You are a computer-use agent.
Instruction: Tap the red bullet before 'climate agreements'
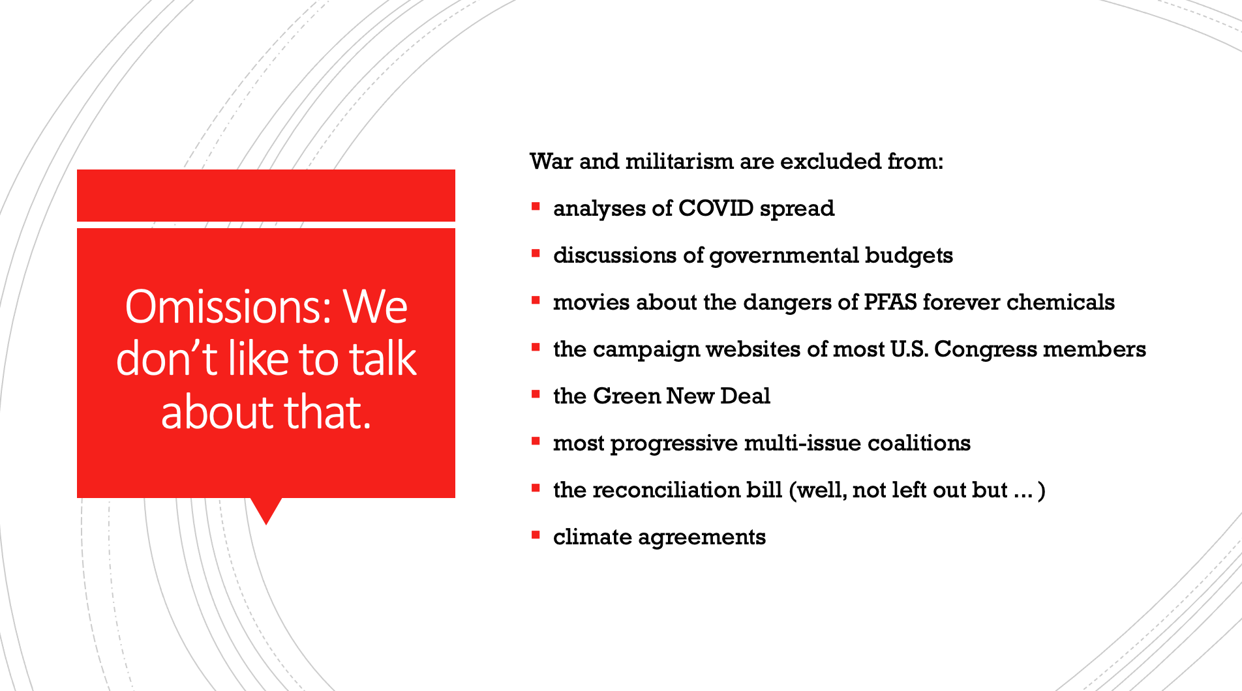point(536,535)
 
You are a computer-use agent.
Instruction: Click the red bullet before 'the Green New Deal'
point(536,394)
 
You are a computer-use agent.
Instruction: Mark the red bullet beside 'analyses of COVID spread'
point(536,207)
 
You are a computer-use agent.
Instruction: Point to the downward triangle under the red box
point(266,509)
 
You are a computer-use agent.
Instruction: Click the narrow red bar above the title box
point(266,196)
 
